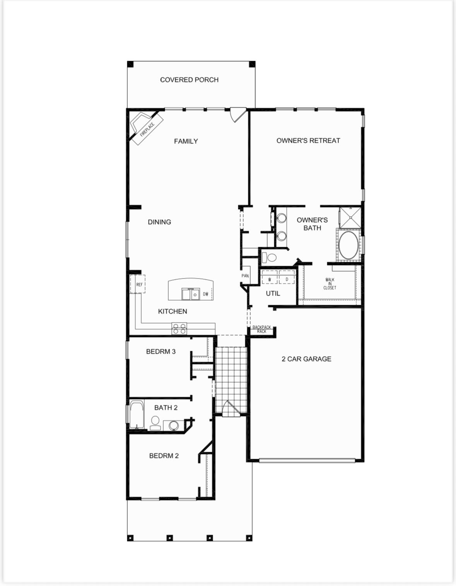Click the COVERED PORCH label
tap(189, 80)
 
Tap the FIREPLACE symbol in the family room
tap(147, 128)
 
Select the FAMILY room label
tap(186, 141)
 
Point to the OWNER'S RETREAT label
tap(308, 140)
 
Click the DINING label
tap(159, 222)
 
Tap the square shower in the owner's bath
tap(350, 218)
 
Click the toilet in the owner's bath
tap(269, 257)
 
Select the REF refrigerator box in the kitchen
tap(138, 284)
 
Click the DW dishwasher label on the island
tap(205, 294)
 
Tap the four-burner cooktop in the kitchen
tap(179, 329)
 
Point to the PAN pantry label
tap(245, 276)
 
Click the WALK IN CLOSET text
tap(330, 284)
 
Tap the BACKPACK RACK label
tap(261, 329)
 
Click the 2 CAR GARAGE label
tap(306, 359)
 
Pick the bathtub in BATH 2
tap(137, 415)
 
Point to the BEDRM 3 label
tap(161, 351)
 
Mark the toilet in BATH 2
tap(155, 423)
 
